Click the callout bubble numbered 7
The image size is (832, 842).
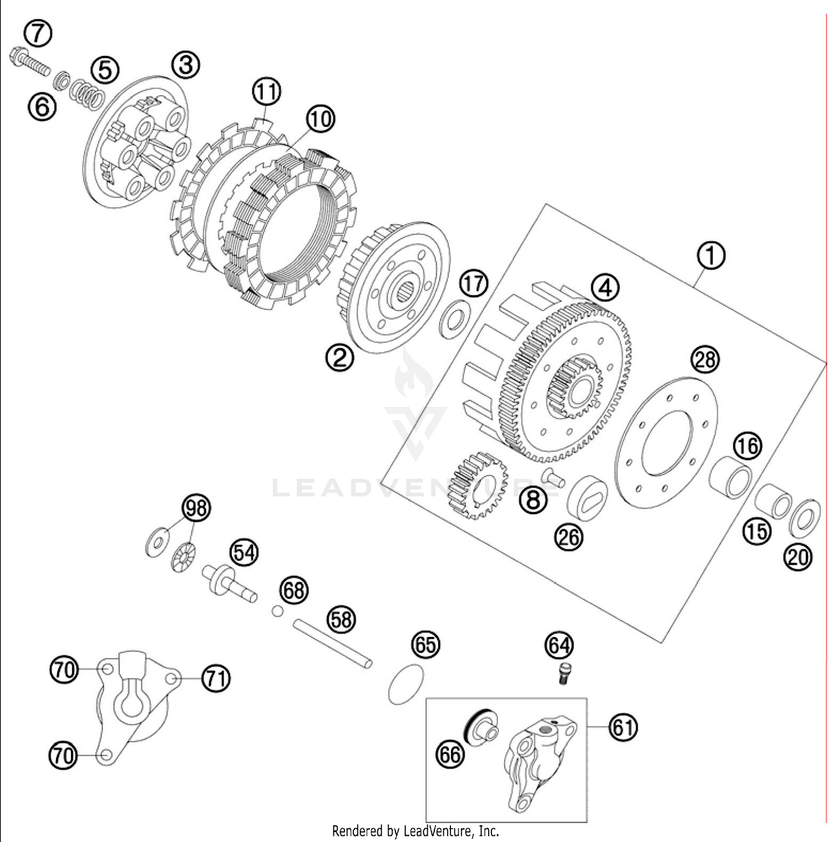[x=38, y=33]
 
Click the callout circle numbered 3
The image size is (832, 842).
[x=185, y=65]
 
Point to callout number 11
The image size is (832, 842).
[x=267, y=91]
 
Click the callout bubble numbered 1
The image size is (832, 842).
[x=711, y=256]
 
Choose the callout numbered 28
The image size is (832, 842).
[x=704, y=360]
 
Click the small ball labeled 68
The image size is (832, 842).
[x=277, y=611]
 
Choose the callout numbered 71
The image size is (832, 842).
[x=215, y=678]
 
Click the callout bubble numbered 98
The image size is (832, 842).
[x=196, y=508]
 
